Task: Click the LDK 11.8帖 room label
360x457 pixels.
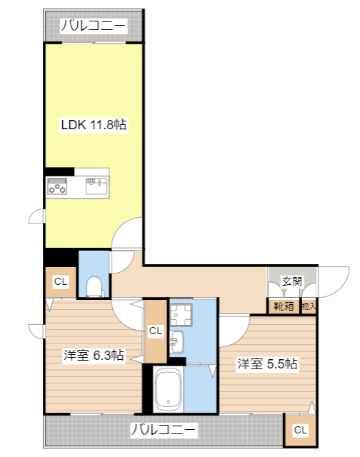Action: click(x=93, y=125)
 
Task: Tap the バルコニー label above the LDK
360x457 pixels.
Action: click(x=93, y=27)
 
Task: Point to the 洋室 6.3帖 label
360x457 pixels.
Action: click(x=94, y=356)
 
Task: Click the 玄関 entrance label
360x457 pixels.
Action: click(x=291, y=281)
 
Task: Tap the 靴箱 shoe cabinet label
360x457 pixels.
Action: click(x=284, y=306)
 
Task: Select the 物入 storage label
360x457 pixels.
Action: click(x=309, y=306)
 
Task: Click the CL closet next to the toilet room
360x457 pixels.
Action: click(x=61, y=282)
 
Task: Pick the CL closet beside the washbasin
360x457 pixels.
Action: click(x=156, y=331)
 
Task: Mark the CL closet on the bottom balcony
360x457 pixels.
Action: click(x=300, y=430)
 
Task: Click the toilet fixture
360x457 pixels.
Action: click(x=94, y=286)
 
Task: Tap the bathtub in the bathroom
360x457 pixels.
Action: click(x=169, y=390)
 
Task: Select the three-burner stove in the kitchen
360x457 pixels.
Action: click(x=58, y=187)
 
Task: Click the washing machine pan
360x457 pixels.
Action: click(x=181, y=313)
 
